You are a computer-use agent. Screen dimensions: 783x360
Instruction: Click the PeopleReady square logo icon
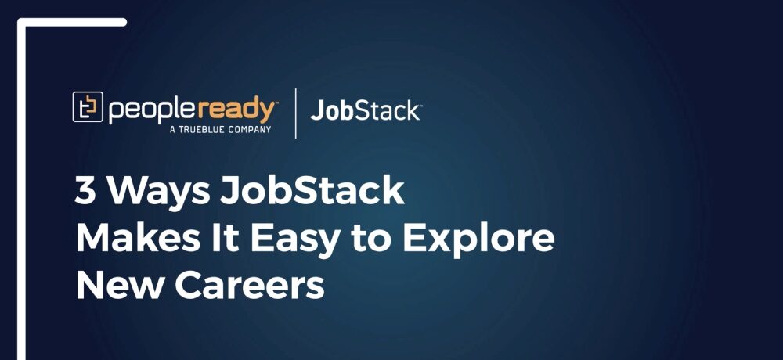pyautogui.click(x=88, y=107)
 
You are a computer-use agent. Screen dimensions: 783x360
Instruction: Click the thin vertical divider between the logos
pyautogui.click(x=296, y=113)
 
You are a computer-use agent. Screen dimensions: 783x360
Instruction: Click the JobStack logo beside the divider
pyautogui.click(x=366, y=110)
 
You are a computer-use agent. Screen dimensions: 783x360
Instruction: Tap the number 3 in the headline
pyautogui.click(x=85, y=191)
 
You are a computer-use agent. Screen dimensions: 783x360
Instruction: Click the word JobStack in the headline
pyautogui.click(x=312, y=191)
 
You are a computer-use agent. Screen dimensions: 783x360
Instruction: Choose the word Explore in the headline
pyautogui.click(x=478, y=242)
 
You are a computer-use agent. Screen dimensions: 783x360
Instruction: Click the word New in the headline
pyautogui.click(x=118, y=286)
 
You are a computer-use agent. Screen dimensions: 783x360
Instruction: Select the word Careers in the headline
pyautogui.click(x=249, y=286)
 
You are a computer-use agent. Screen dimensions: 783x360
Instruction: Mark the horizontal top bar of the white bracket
pyautogui.click(x=72, y=22)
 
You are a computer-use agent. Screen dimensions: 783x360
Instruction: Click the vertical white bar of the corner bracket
pyautogui.click(x=21, y=189)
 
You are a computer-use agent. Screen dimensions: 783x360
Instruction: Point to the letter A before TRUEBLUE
pyautogui.click(x=173, y=130)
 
